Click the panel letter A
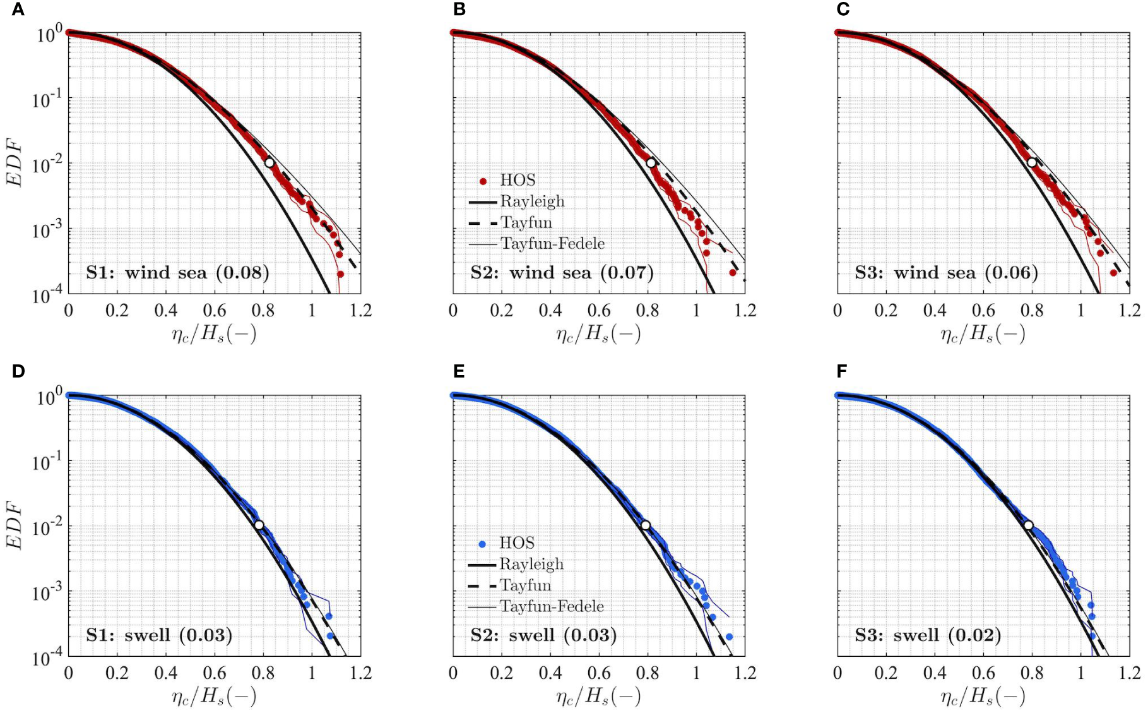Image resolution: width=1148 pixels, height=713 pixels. [x=18, y=9]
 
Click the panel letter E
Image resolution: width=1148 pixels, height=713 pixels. [x=459, y=371]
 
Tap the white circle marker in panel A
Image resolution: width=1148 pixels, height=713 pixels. [x=269, y=162]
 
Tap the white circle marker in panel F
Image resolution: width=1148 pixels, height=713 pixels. [x=1028, y=525]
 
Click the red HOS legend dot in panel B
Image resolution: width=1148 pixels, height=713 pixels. [x=483, y=181]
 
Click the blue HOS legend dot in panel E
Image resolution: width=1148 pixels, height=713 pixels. [x=483, y=544]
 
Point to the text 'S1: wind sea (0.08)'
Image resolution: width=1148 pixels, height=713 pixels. [x=177, y=273]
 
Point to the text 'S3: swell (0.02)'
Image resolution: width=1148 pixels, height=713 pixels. [x=928, y=635]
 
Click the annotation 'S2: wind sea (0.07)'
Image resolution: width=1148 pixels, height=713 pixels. [x=562, y=273]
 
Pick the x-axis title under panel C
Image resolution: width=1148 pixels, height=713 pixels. [x=983, y=333]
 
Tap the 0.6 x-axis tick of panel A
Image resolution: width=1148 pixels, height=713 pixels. [x=214, y=311]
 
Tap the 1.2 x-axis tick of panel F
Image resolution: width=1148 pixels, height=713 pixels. [x=1129, y=673]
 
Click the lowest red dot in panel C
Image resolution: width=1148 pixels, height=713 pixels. [x=1113, y=273]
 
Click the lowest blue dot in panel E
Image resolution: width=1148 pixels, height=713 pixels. [x=729, y=637]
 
